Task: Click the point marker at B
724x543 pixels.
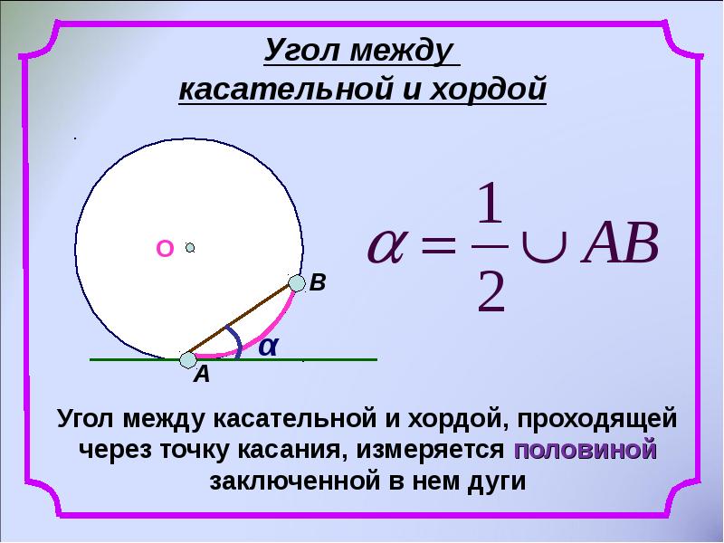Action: tap(296, 284)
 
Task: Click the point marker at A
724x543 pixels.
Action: tap(187, 359)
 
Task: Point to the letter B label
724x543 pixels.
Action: tap(318, 283)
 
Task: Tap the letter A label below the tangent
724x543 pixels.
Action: tap(201, 376)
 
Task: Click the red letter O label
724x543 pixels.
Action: tap(164, 249)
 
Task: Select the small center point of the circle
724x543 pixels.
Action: tap(190, 246)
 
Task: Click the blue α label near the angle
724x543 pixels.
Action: tap(267, 345)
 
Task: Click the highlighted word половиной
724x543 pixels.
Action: tap(584, 449)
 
